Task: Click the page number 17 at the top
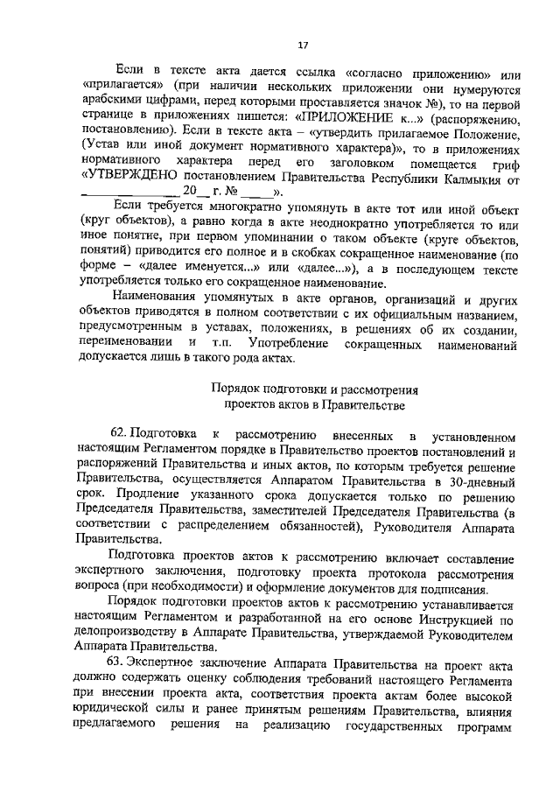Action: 303,46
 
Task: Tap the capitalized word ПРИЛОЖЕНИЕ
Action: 344,115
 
